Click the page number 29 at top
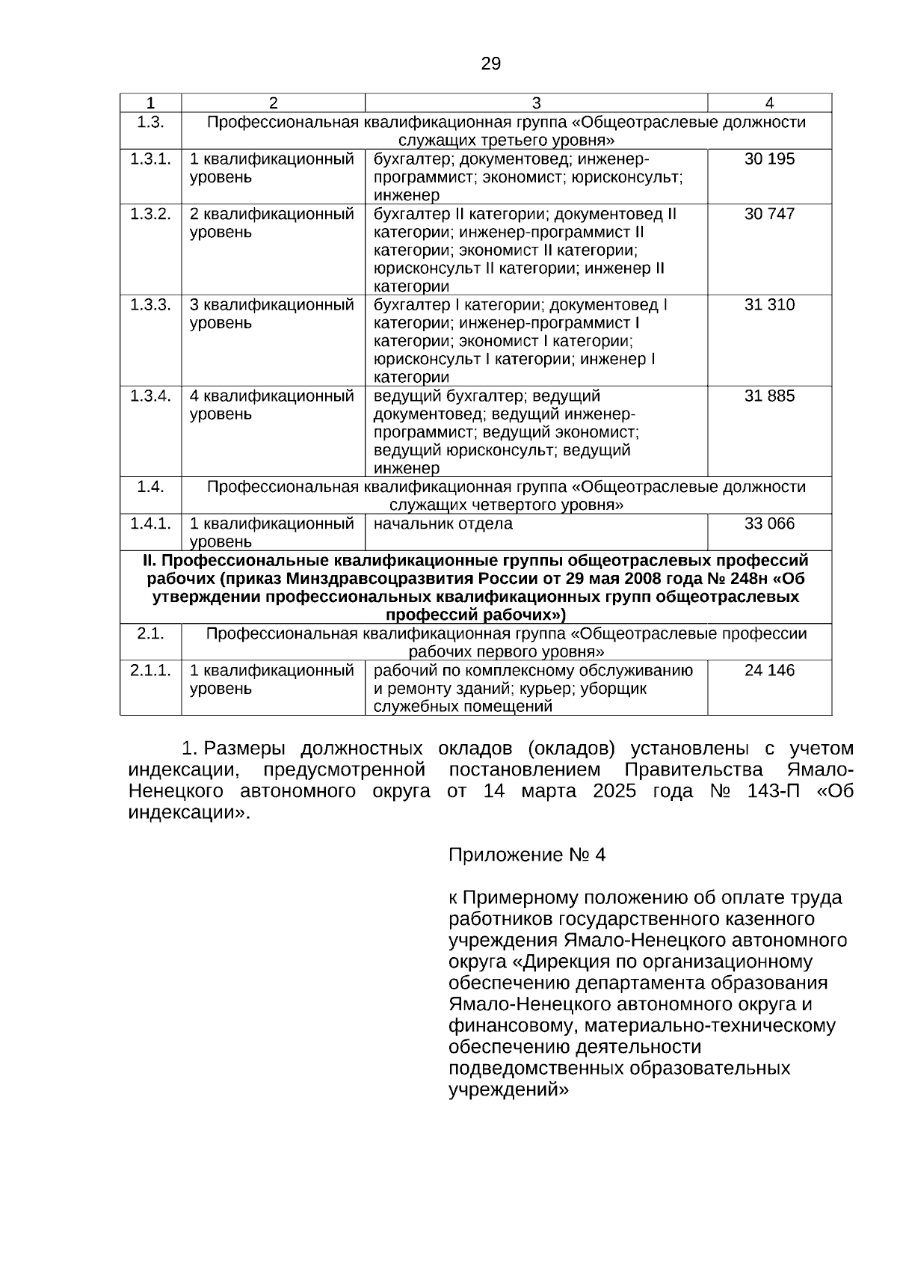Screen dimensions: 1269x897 (490, 64)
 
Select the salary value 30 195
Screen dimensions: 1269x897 (769, 159)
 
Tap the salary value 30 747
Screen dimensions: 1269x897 (769, 214)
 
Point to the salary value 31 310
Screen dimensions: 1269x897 (769, 304)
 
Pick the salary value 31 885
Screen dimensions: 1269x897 (769, 396)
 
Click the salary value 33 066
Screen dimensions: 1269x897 (769, 523)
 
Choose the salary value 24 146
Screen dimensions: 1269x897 (769, 670)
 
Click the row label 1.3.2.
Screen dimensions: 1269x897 (150, 214)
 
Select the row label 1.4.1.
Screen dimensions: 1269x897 (150, 523)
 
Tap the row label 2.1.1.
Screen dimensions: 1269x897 (150, 670)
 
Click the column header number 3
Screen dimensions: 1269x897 (536, 103)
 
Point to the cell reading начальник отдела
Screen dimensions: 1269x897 (443, 523)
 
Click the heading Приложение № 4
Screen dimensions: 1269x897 (526, 855)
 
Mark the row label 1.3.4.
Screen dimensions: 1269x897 (150, 396)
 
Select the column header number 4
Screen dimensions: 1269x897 (769, 103)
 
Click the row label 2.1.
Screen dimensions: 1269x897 (150, 633)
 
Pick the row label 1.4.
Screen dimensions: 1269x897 (150, 487)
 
